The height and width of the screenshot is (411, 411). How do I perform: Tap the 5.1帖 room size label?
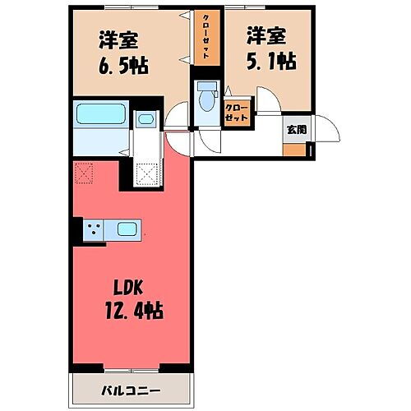coord(270,60)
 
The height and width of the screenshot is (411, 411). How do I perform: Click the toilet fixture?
coord(205,96)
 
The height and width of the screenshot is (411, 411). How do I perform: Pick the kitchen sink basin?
coord(127,229)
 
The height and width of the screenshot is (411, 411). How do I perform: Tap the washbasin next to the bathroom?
coord(145,120)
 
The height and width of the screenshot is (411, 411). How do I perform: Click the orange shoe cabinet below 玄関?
coord(293,150)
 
